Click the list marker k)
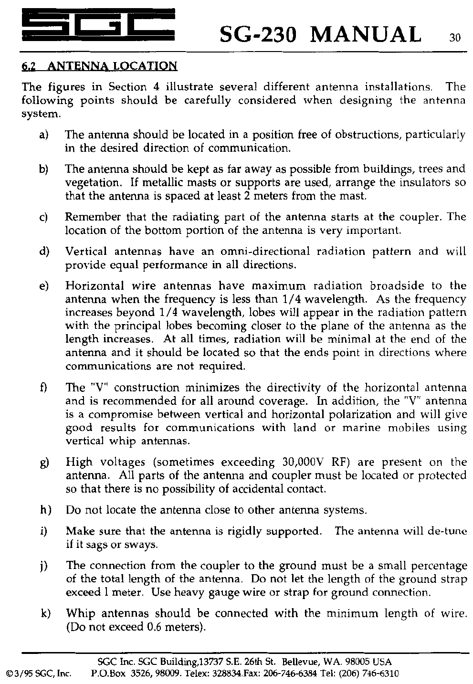point(46,613)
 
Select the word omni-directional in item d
point(265,251)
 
